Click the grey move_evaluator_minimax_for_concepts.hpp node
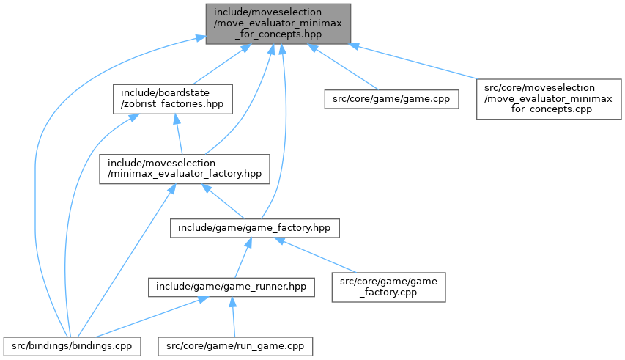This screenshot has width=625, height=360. click(278, 23)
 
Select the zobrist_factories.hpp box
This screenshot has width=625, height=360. click(173, 98)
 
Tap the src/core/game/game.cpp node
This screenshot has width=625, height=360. click(392, 98)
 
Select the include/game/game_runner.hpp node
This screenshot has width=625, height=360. click(232, 287)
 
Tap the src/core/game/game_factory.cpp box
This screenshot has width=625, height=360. click(389, 287)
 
